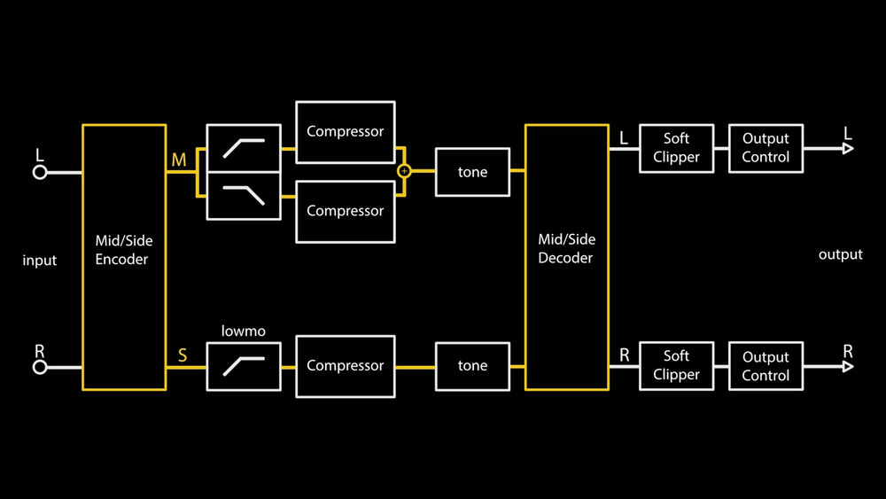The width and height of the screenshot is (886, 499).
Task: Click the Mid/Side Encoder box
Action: [x=123, y=257]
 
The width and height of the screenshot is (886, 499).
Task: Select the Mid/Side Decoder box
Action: [x=566, y=257]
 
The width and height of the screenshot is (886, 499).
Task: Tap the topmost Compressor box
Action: [x=345, y=132]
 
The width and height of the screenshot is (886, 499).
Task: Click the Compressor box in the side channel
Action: [x=345, y=365]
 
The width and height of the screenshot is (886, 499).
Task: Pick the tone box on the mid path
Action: [x=472, y=172]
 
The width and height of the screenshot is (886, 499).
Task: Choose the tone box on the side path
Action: [x=472, y=365]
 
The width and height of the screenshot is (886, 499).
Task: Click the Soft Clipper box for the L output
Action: [x=676, y=148]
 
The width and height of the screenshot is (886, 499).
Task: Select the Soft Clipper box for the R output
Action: [x=676, y=365]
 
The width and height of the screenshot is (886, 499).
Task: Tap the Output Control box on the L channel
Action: [x=766, y=148]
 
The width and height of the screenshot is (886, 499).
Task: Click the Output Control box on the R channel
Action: [x=766, y=365]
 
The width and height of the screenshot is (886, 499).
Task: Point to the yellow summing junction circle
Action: [x=404, y=171]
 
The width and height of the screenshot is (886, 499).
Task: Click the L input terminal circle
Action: [x=40, y=172]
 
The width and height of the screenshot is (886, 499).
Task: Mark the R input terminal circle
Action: [x=40, y=366]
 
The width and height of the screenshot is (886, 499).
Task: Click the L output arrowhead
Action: [x=848, y=148]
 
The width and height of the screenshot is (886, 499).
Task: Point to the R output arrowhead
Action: [x=848, y=365]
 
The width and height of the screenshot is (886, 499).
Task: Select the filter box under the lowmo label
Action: [x=244, y=366]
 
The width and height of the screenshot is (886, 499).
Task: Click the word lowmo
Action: [x=243, y=331]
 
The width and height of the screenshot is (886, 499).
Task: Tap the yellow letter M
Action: [x=179, y=160]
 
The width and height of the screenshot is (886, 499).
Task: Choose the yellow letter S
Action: [x=183, y=355]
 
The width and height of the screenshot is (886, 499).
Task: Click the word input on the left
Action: [x=40, y=261]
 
